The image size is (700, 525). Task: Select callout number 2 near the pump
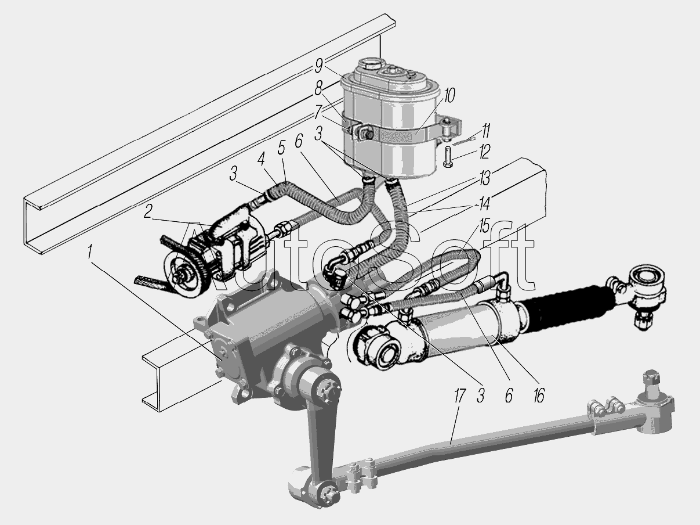click(147, 212)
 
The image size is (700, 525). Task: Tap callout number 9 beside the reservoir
click(318, 66)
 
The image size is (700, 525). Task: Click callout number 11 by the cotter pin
click(485, 130)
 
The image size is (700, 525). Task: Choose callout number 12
click(484, 152)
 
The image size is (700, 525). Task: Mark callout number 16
click(538, 395)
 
